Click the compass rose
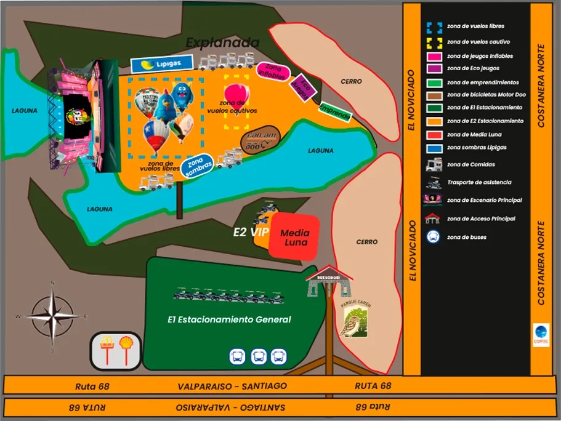click(52, 317)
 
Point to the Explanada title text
click(222, 42)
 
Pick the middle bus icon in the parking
click(259, 356)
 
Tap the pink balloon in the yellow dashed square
click(236, 94)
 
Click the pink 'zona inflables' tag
click(273, 70)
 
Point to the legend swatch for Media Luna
click(434, 134)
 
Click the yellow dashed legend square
click(434, 42)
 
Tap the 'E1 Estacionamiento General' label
click(229, 319)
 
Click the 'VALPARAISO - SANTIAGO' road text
click(232, 386)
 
